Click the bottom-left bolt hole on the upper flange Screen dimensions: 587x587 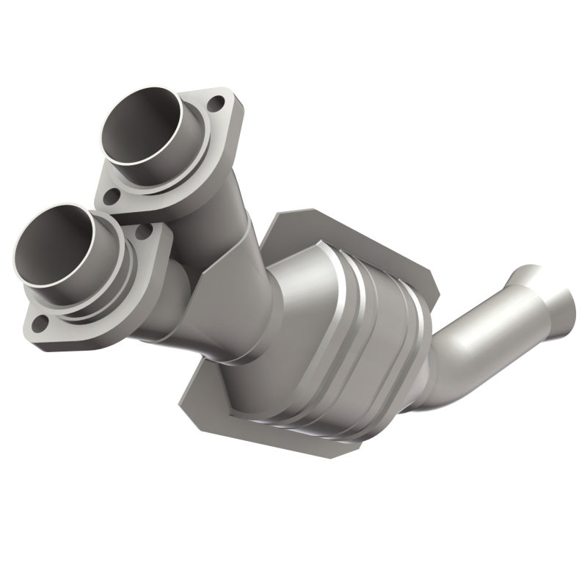coord(111,197)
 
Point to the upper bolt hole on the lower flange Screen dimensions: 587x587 coord(143,231)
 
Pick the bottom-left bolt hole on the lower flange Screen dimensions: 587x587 coord(41,322)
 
